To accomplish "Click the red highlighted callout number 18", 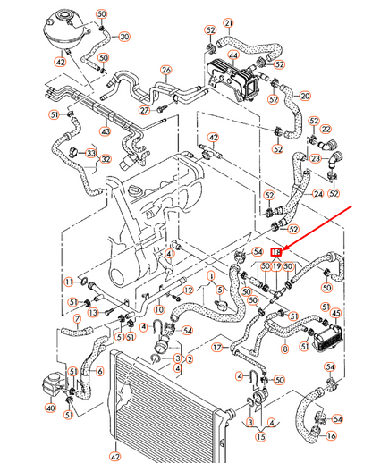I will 276,253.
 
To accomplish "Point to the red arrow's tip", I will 285,247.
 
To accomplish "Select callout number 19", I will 276,266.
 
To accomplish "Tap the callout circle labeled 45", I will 336,312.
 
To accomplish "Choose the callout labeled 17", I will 216,348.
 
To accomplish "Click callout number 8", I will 284,349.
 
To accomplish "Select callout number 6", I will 99,370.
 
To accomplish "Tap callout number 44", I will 232,55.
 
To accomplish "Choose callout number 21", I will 228,22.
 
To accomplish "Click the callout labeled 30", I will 123,37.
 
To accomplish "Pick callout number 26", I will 165,69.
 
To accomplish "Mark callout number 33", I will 90,154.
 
